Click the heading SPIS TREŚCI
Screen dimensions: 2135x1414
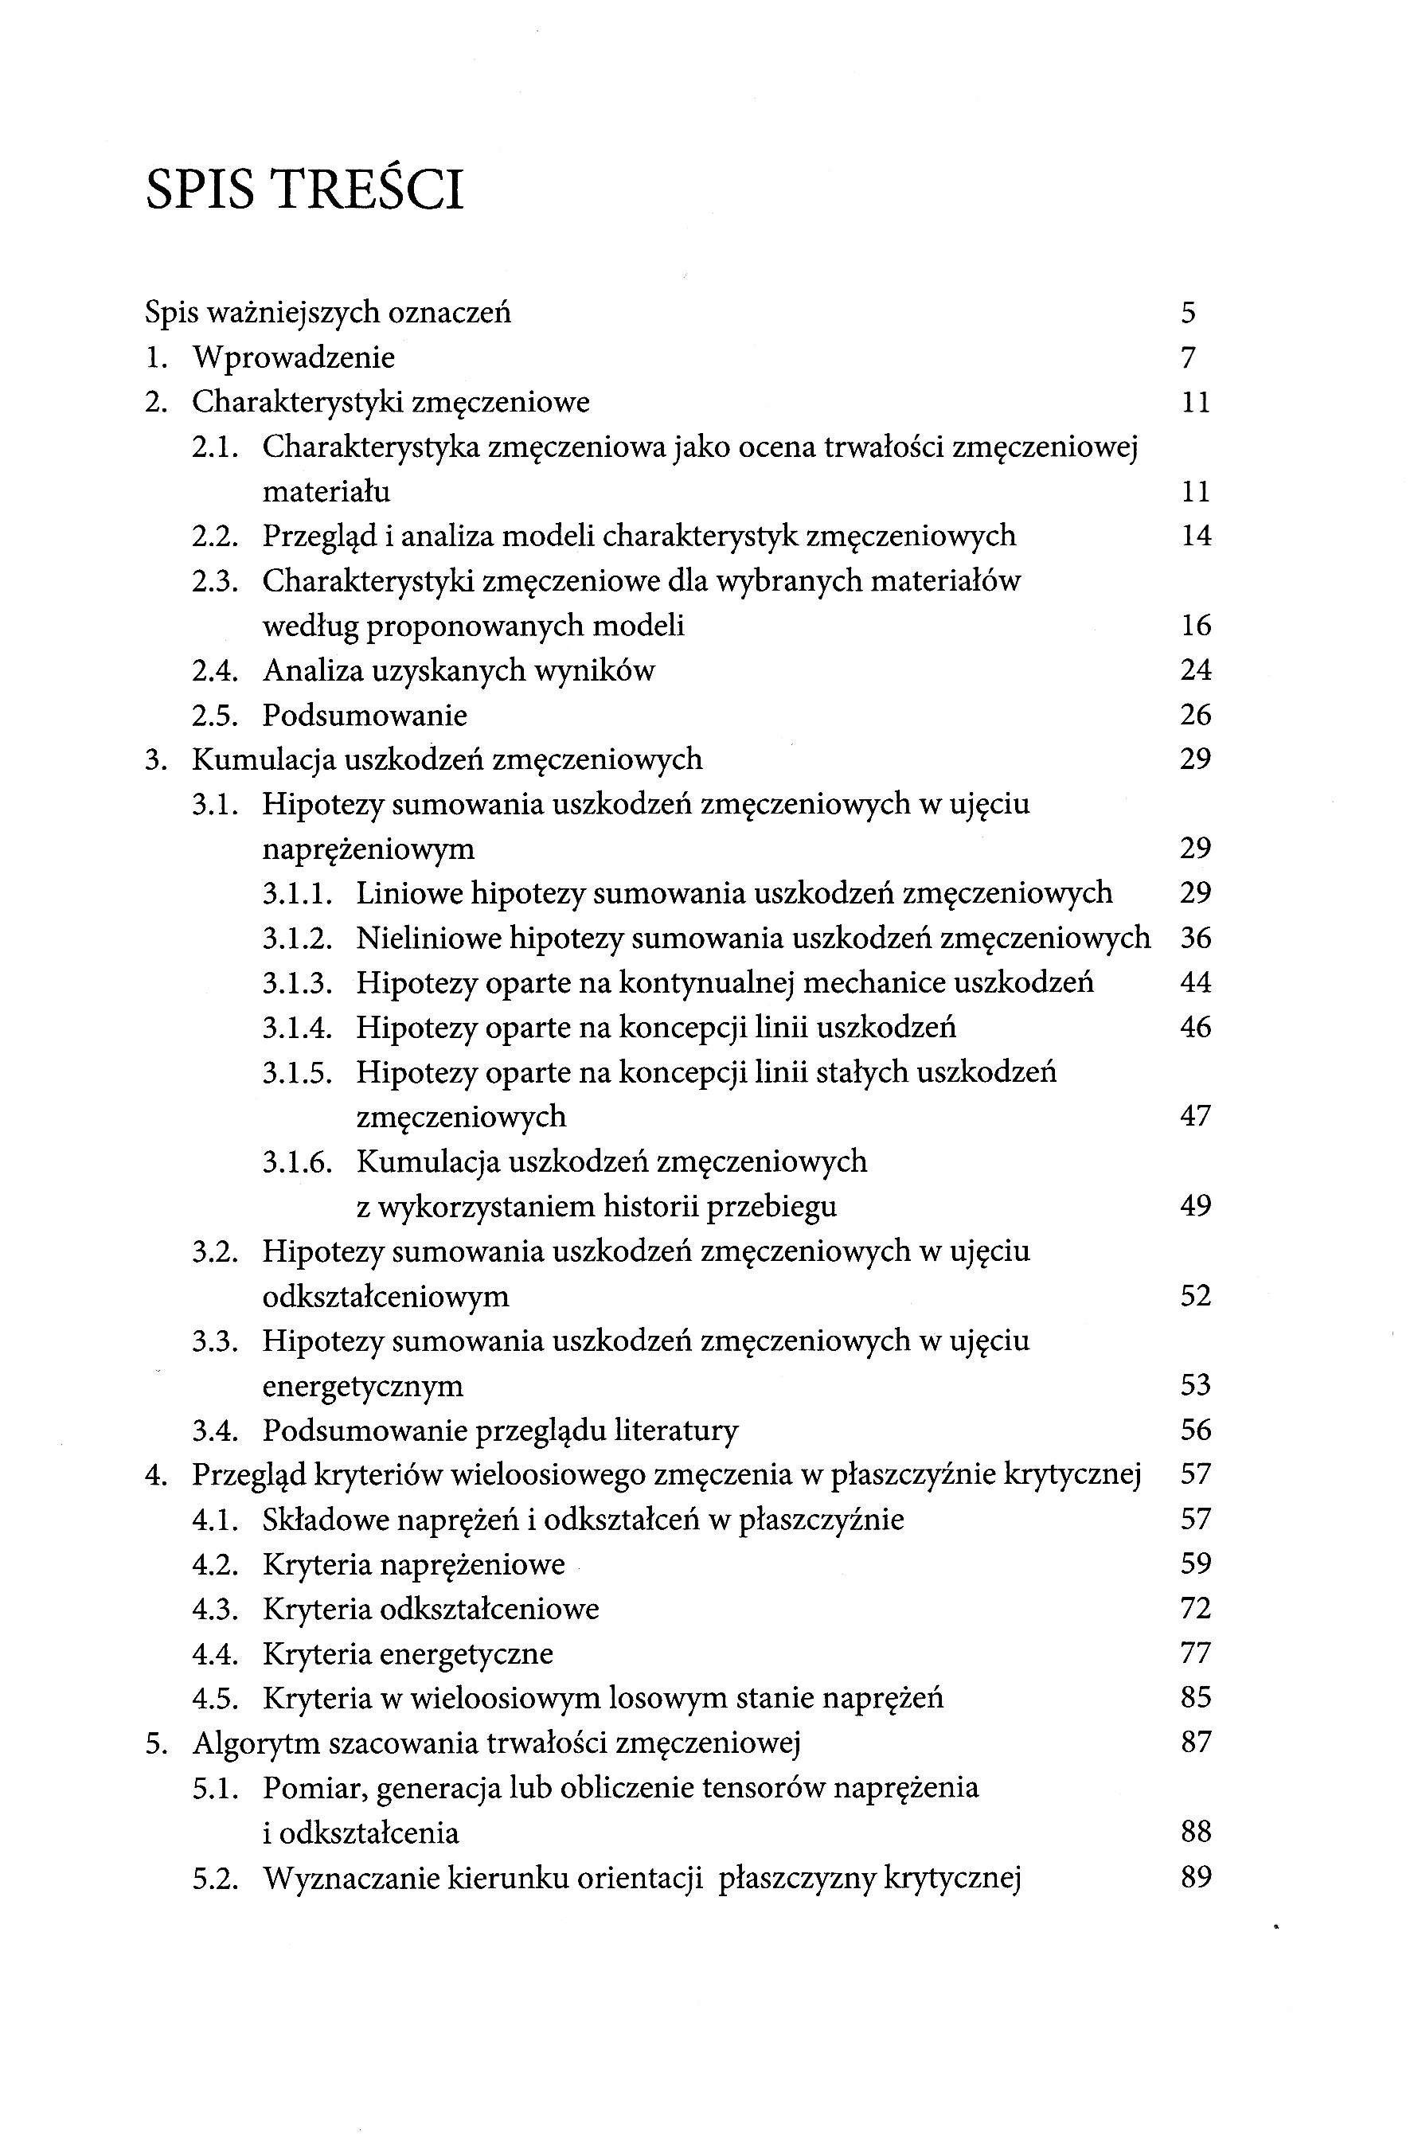pyautogui.click(x=304, y=190)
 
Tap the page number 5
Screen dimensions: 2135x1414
pyautogui.click(x=1188, y=313)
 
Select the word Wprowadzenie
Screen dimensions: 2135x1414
pyautogui.click(x=294, y=358)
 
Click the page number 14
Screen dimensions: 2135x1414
pyautogui.click(x=1195, y=537)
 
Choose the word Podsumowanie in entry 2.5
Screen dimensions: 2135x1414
pyautogui.click(x=365, y=716)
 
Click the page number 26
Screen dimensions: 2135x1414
pyautogui.click(x=1195, y=715)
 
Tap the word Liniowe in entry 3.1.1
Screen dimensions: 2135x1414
pyautogui.click(x=408, y=893)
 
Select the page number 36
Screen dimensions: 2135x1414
pyautogui.click(x=1195, y=939)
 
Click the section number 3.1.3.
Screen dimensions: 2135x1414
pyautogui.click(x=298, y=983)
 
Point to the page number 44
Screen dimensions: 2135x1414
pyautogui.click(x=1195, y=983)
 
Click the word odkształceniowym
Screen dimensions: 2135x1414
pyautogui.click(x=385, y=1297)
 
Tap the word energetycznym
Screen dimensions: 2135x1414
pyautogui.click(x=362, y=1386)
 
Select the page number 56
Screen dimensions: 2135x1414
pyautogui.click(x=1195, y=1430)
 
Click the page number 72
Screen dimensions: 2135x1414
pyautogui.click(x=1195, y=1609)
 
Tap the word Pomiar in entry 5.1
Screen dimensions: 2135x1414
pyautogui.click(x=314, y=1788)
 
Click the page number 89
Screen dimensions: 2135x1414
pyautogui.click(x=1195, y=1878)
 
